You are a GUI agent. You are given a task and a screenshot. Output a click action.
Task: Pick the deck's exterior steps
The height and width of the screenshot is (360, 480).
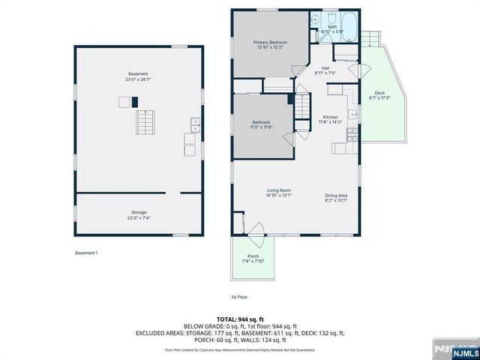coord(371,37)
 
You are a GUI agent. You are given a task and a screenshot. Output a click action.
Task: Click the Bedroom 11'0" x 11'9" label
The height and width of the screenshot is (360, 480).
coord(261,124)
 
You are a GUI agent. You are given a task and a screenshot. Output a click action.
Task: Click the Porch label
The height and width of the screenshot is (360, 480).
coord(253,256)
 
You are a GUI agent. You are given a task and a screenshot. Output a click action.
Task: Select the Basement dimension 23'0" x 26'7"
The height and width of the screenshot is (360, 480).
coord(138,79)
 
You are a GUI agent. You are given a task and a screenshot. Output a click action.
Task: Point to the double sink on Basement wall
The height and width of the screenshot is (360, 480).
coord(196,125)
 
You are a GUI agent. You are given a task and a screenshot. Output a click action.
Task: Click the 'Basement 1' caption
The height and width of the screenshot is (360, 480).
coord(85,253)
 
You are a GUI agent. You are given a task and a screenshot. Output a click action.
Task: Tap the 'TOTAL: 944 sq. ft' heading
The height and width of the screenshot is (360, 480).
coord(240,319)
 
